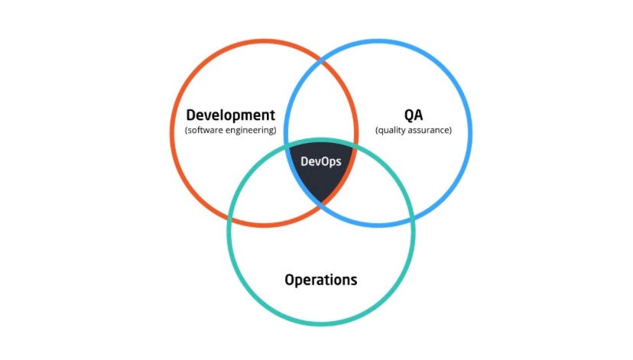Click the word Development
coord(230,115)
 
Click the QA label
coord(413,115)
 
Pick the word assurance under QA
coord(430,131)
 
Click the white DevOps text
coord(321,161)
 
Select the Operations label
coord(320,280)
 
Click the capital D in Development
coord(191,115)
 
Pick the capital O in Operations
coord(290,280)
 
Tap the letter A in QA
coord(419,115)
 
